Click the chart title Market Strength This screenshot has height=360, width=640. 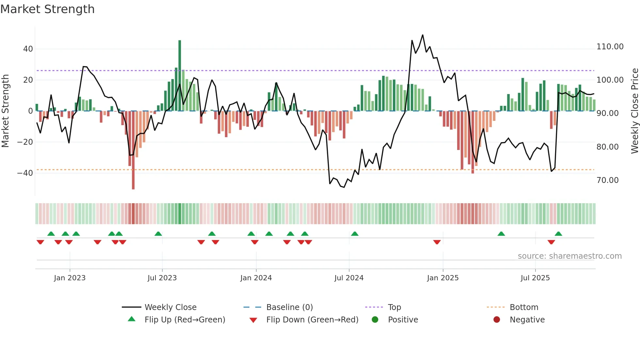point(47,9)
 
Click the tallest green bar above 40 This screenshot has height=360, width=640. point(180,75)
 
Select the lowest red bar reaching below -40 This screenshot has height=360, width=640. point(133,150)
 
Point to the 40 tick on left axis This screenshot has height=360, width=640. point(28,49)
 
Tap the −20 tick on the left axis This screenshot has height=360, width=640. point(25,142)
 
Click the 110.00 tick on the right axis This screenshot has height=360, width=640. point(610,47)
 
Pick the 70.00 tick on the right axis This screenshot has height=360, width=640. point(607,180)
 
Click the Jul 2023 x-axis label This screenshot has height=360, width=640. point(162,278)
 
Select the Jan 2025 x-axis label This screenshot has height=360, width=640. point(442,278)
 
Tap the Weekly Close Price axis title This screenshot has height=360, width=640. point(634,111)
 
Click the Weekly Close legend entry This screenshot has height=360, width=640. point(170,307)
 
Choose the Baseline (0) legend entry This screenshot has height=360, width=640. point(289,307)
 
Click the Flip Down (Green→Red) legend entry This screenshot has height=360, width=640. point(312,320)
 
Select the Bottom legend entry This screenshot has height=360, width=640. point(524,307)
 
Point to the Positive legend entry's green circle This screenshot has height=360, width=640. point(375,320)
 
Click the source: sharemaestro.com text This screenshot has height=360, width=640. point(569,256)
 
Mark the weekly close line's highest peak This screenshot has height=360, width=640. point(423,35)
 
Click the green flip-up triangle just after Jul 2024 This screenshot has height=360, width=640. point(355,234)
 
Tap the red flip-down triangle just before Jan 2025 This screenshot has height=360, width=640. point(437,242)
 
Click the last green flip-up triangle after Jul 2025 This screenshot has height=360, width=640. point(558,234)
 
